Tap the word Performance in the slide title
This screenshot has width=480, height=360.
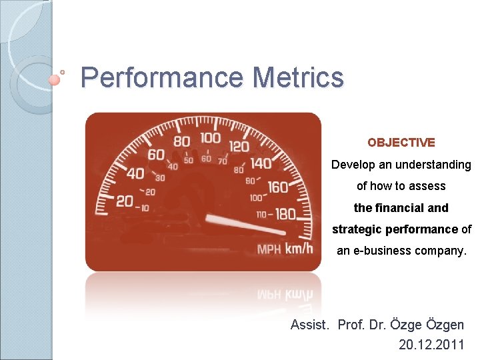pyautogui.click(x=162, y=77)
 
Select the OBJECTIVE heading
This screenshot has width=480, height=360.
pyautogui.click(x=401, y=143)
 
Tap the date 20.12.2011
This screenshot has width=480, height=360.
pyautogui.click(x=431, y=345)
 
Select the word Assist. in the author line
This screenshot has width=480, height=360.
pyautogui.click(x=310, y=325)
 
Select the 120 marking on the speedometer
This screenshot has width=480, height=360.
pyautogui.click(x=239, y=145)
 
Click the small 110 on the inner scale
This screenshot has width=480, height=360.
pyautogui.click(x=264, y=215)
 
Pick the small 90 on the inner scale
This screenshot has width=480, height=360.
pyautogui.click(x=251, y=181)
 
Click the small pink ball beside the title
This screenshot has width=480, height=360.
pyautogui.click(x=55, y=79)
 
